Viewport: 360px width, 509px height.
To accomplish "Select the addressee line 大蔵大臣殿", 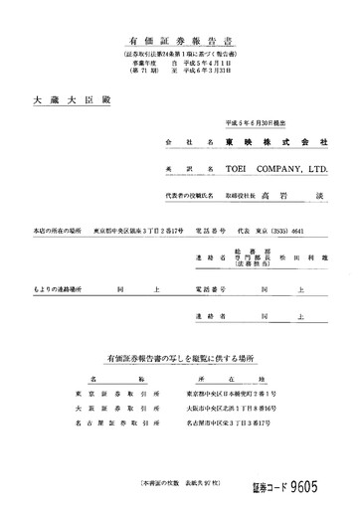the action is point(57,100).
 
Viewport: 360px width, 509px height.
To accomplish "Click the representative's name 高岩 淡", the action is point(284,197).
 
